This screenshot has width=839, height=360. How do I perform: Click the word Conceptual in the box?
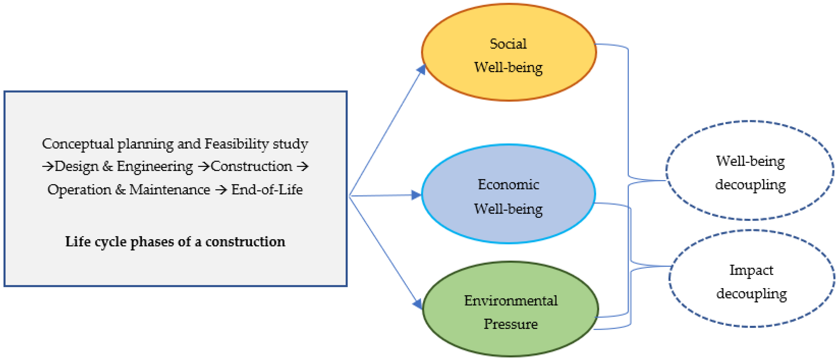coord(78,144)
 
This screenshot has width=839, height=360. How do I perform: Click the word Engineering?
coord(155,166)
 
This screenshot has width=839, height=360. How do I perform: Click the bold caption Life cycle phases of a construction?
coord(175,242)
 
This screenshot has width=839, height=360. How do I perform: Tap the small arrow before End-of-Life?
coord(221,190)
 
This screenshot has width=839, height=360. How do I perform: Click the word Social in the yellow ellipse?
coord(508,44)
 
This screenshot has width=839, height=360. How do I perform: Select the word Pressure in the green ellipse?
coord(510,324)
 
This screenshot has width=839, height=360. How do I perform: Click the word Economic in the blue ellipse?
coord(508,185)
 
